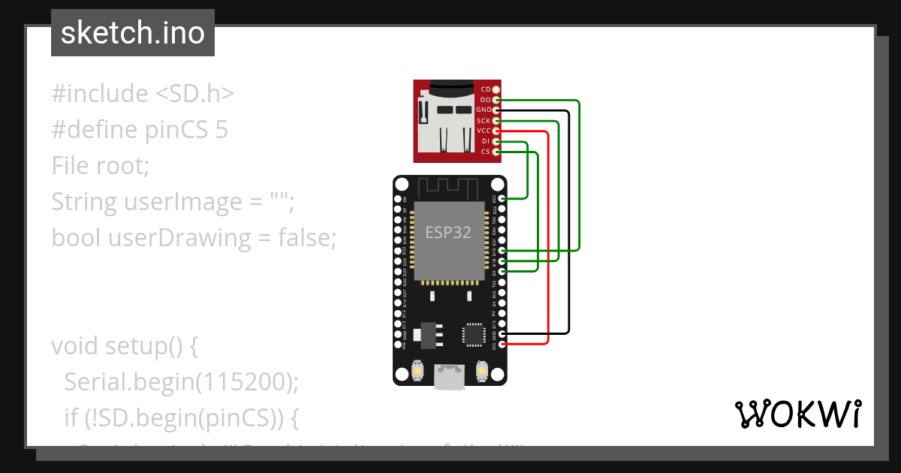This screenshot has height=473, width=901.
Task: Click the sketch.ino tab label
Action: click(x=133, y=33)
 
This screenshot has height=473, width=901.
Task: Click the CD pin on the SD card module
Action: click(x=496, y=89)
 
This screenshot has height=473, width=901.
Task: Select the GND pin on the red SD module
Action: click(x=496, y=110)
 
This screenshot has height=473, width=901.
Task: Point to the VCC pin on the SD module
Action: click(x=496, y=131)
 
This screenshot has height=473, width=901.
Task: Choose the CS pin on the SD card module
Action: click(x=496, y=152)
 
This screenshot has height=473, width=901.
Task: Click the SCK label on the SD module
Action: click(x=483, y=121)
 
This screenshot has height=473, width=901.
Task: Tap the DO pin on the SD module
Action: click(x=496, y=100)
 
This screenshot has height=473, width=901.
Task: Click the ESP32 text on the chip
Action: click(x=448, y=233)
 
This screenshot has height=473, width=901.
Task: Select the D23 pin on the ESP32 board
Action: click(x=502, y=198)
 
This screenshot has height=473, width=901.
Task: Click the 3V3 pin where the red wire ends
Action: click(x=502, y=344)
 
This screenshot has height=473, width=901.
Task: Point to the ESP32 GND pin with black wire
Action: click(x=502, y=333)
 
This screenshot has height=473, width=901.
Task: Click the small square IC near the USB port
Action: click(x=475, y=334)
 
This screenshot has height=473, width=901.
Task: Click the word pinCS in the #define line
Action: click(x=176, y=130)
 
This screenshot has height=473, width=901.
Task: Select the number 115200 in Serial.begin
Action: click(x=243, y=382)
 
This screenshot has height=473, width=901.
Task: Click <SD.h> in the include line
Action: click(x=194, y=94)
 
